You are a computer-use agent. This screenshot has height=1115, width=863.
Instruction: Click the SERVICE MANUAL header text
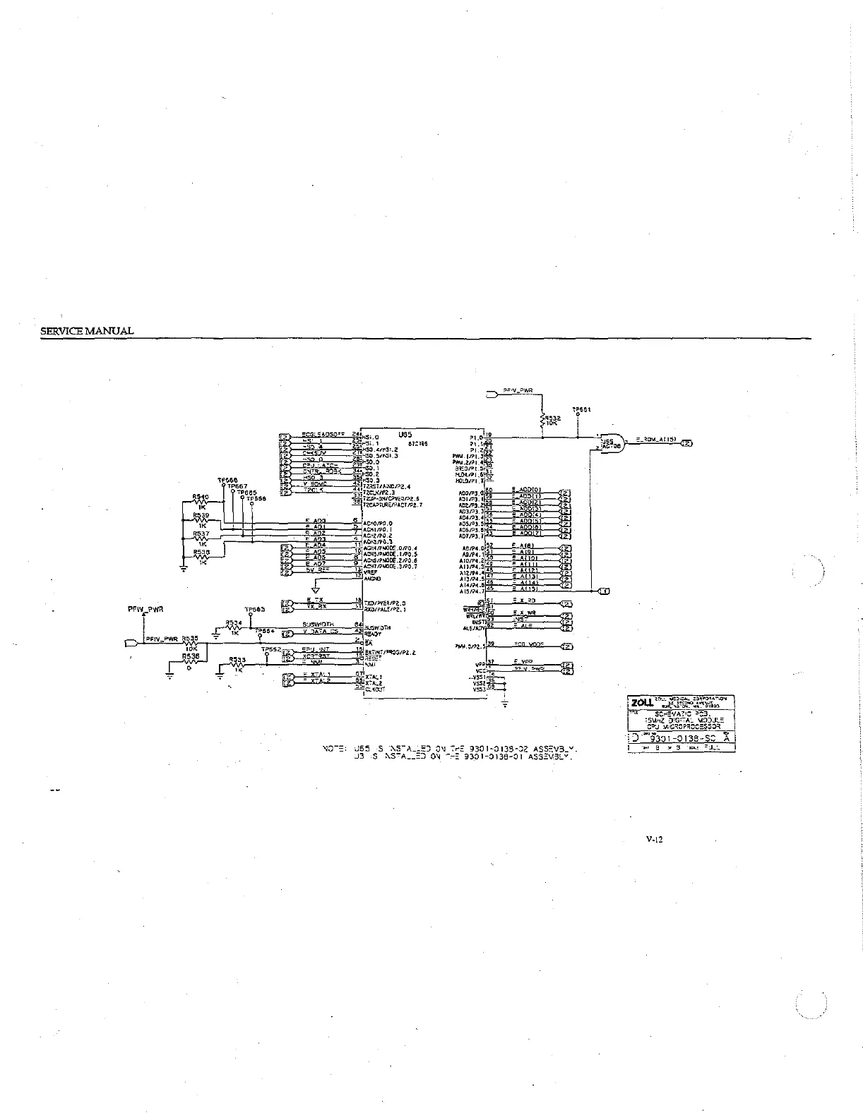(x=87, y=331)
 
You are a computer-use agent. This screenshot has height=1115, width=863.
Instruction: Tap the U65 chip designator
(x=405, y=435)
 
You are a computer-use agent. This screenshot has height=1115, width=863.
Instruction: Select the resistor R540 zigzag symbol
(x=201, y=503)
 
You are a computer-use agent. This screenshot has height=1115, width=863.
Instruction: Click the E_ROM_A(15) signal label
(x=656, y=440)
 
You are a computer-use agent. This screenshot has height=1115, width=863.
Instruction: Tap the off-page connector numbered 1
(x=605, y=591)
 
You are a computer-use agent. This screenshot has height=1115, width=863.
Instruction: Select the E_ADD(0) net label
(x=526, y=489)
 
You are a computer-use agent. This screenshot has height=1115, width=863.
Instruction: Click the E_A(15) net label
(x=525, y=589)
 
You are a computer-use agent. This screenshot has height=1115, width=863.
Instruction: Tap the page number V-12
(x=654, y=840)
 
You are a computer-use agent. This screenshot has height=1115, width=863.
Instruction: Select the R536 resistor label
(x=190, y=656)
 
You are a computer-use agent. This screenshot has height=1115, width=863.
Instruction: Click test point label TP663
(x=254, y=609)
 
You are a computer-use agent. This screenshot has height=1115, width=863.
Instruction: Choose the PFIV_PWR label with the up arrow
(x=145, y=608)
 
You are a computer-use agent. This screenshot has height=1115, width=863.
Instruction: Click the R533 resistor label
(x=237, y=660)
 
